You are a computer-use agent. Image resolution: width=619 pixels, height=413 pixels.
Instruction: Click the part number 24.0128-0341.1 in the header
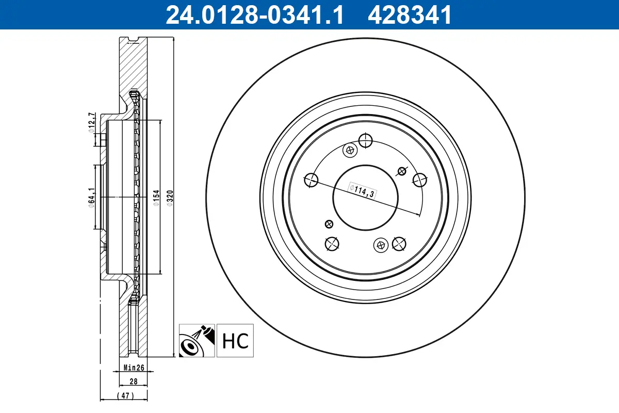point(254,15)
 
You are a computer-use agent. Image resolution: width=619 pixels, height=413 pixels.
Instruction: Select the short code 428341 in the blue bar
point(409,15)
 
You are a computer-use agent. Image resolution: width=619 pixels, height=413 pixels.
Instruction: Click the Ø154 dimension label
point(155,198)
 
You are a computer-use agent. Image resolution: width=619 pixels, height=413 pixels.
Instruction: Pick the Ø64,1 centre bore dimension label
point(91,198)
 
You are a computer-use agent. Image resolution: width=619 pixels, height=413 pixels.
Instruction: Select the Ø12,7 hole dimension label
point(91,122)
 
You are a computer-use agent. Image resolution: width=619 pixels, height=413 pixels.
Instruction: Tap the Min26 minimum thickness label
point(134,368)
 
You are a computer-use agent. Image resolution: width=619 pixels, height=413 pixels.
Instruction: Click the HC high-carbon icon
point(236,341)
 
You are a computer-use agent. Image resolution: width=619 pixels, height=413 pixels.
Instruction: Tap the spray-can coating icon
point(197,341)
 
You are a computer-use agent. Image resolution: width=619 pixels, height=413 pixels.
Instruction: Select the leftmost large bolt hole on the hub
point(312,180)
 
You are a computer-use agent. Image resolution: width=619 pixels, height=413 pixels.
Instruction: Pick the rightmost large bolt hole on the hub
point(420,179)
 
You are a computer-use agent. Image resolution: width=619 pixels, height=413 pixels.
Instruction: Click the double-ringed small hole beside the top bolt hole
point(350,150)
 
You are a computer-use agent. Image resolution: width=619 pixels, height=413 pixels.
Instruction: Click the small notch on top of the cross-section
point(134,39)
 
